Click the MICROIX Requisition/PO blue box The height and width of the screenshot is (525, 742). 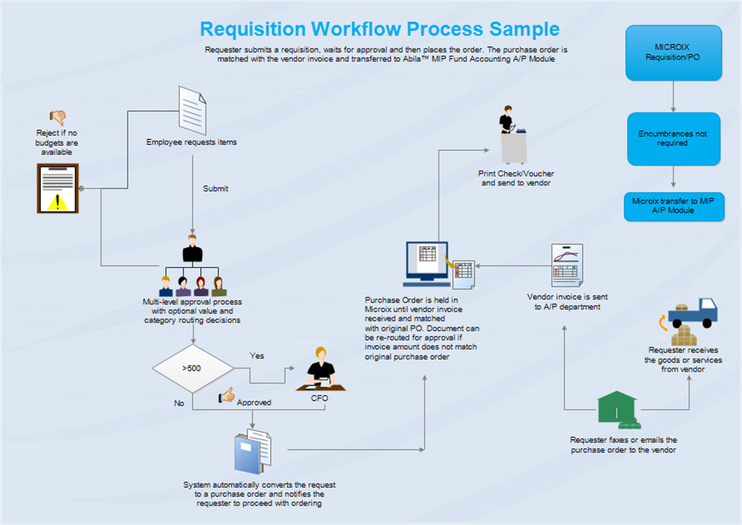click(673, 52)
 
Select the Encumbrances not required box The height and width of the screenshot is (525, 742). click(673, 138)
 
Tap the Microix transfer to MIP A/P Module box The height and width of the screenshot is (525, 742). click(673, 206)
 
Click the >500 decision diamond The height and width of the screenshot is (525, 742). click(193, 369)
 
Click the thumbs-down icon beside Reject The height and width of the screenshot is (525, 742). click(58, 118)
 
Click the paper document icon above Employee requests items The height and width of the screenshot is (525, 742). click(192, 110)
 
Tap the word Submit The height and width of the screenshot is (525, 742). click(215, 189)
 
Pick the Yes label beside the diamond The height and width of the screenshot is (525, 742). click(257, 355)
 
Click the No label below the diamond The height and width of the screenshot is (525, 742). click(179, 404)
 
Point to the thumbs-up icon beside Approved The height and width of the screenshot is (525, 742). click(227, 396)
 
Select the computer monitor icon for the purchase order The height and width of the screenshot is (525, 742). click(426, 262)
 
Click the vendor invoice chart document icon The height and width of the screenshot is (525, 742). click(567, 265)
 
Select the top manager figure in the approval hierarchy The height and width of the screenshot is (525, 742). click(193, 250)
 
